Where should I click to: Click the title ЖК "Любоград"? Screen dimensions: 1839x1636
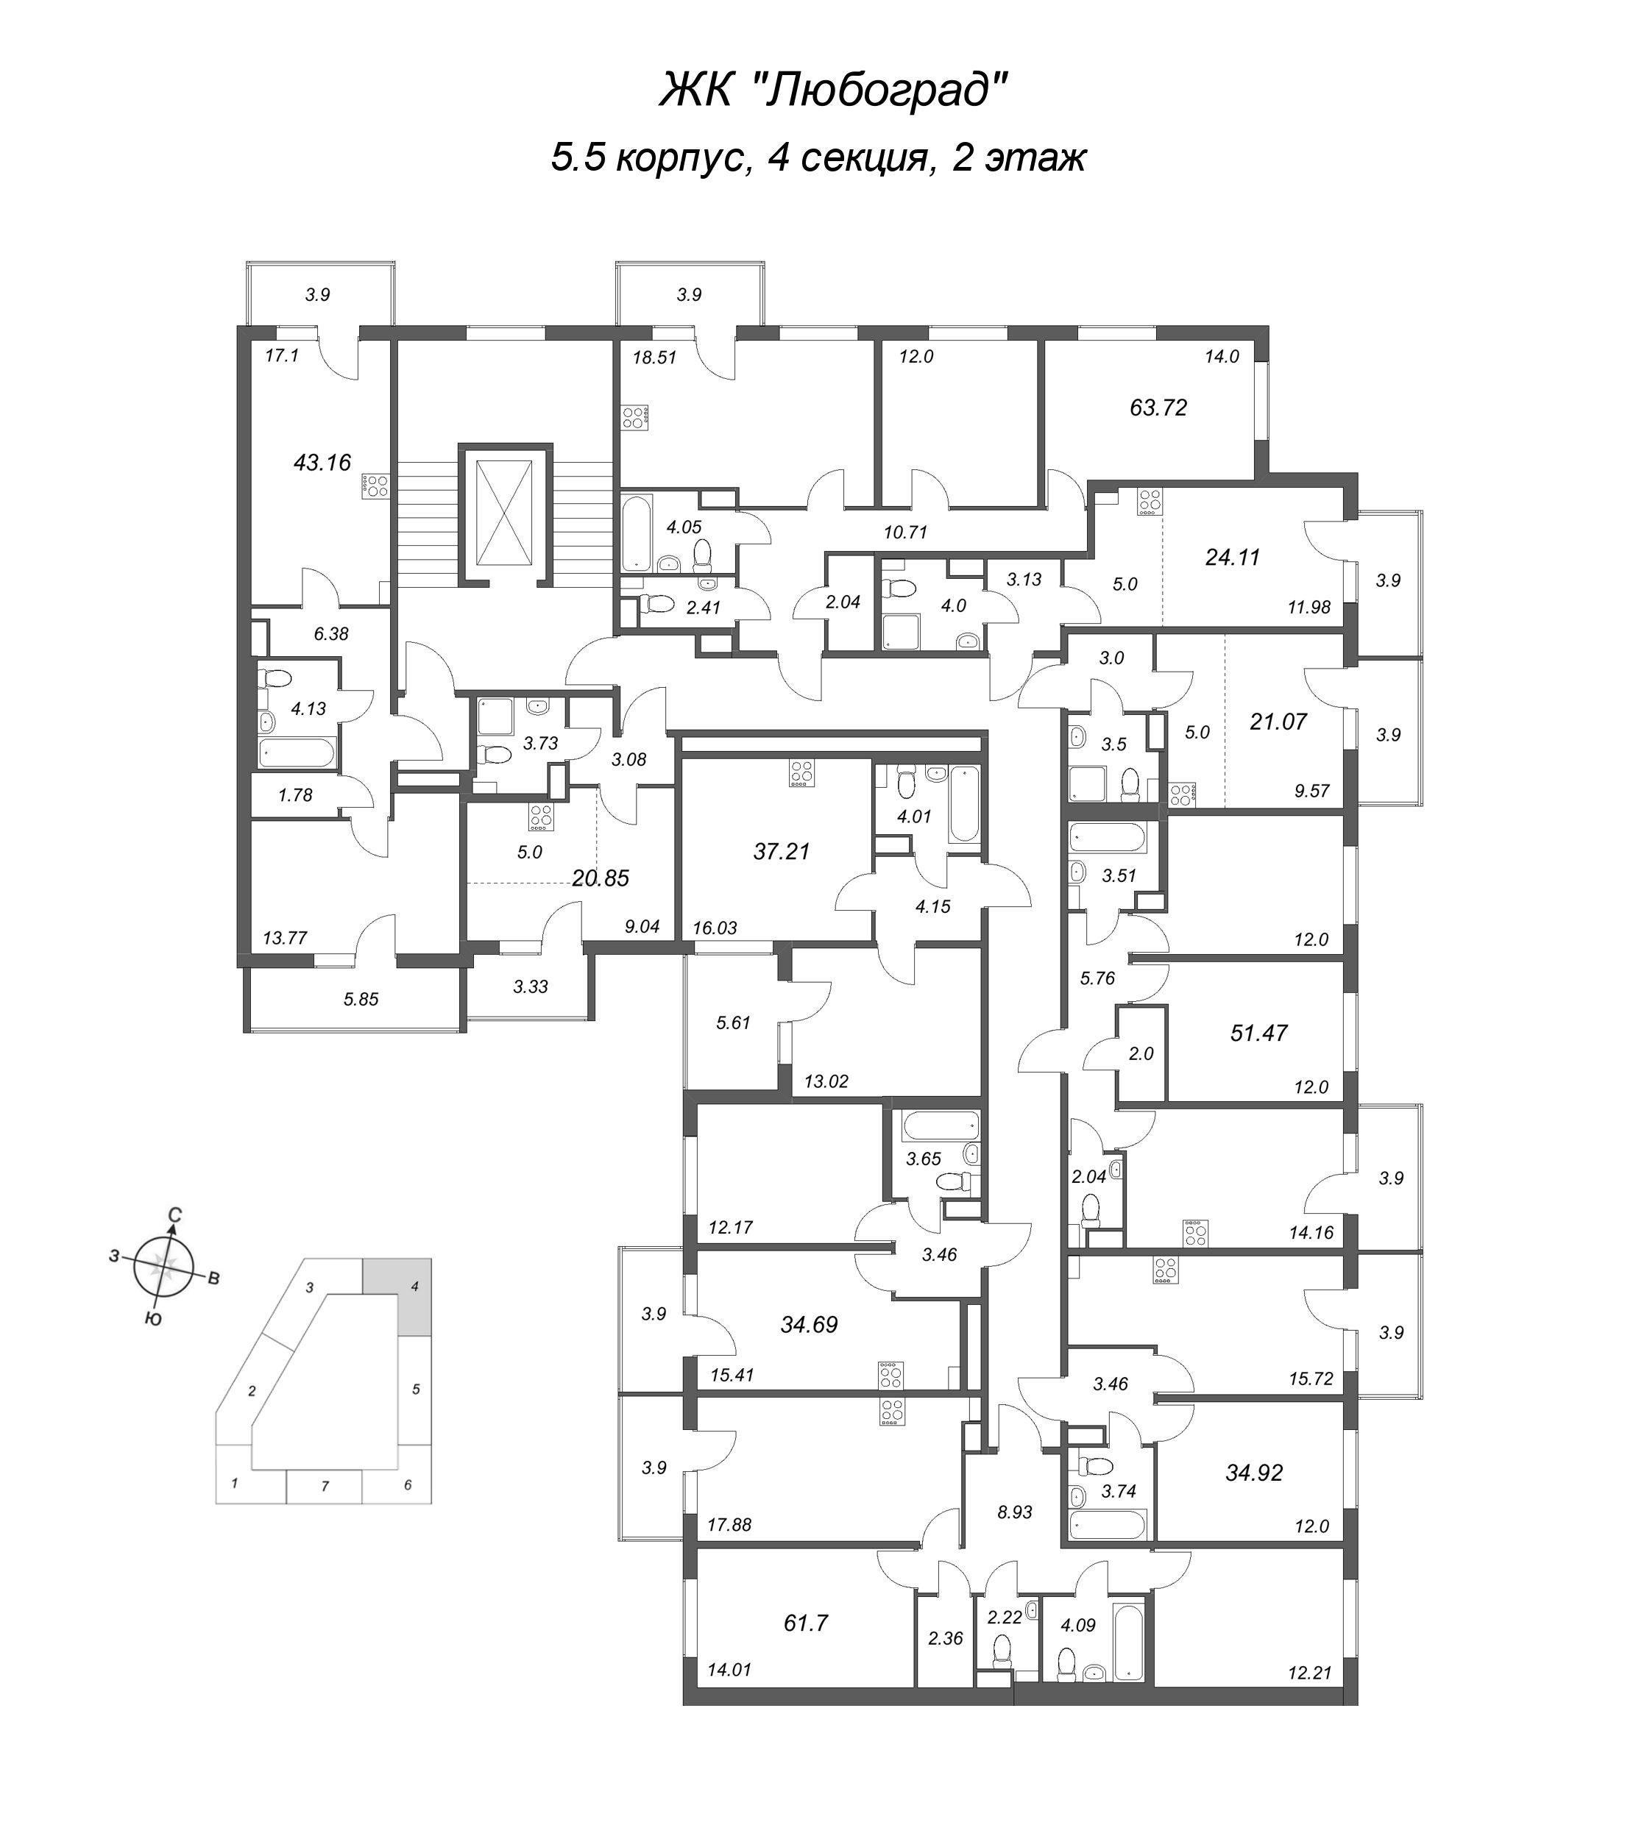pos(832,90)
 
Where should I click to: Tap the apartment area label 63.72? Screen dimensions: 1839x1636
pos(1158,408)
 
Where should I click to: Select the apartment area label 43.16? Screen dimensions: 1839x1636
pos(322,463)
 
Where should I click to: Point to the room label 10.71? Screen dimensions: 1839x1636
pos(905,532)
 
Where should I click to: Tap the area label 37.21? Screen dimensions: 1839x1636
pos(782,851)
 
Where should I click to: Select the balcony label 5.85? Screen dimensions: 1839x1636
pos(361,999)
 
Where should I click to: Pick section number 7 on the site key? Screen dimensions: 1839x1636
pos(325,1487)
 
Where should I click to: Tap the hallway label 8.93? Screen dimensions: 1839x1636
pos(1014,1512)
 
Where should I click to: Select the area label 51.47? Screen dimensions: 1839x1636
pos(1259,1033)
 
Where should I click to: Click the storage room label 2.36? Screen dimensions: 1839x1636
pos(945,1638)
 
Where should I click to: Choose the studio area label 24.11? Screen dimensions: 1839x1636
pos(1232,557)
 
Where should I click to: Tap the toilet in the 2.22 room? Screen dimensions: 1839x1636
pos(1002,1650)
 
